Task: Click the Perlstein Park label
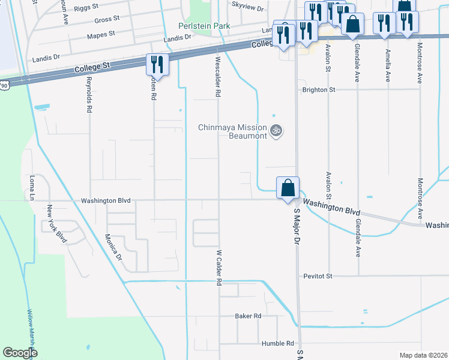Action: (x=204, y=26)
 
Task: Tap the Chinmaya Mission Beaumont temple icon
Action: (x=276, y=130)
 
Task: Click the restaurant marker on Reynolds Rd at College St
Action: (x=157, y=64)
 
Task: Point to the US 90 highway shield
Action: (x=5, y=86)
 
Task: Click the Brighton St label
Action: (x=319, y=89)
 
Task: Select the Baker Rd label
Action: (x=248, y=316)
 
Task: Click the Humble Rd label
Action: (x=277, y=343)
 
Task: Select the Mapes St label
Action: (x=101, y=35)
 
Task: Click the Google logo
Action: (x=20, y=352)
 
